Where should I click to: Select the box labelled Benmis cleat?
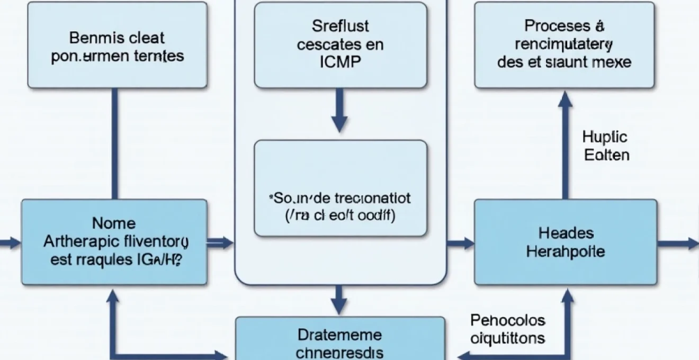(116, 45)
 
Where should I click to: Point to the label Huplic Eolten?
(605, 146)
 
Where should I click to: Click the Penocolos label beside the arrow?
(507, 320)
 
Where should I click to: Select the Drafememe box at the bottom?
(340, 339)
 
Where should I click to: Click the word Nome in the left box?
(114, 223)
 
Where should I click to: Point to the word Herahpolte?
(566, 251)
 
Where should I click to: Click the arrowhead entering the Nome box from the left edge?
(14, 243)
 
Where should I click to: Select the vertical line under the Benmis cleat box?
(114, 143)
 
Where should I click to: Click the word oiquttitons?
(508, 338)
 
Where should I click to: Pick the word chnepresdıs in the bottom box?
(340, 352)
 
